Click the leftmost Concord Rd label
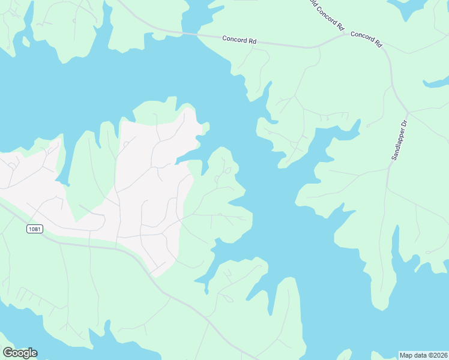[x=239, y=40]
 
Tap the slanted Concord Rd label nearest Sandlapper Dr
[x=366, y=38]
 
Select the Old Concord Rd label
[x=326, y=14]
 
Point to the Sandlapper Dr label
[x=399, y=139]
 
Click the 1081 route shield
[x=35, y=229]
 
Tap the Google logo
[x=20, y=353]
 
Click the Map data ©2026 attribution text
[x=423, y=355]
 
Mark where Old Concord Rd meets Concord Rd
[x=348, y=34]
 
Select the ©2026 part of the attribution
[x=435, y=355]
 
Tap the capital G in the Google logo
[x=8, y=353]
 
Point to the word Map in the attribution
[x=406, y=355]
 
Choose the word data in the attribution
[x=420, y=355]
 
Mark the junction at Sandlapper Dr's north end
[x=408, y=112]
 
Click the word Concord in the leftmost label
[x=235, y=40]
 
